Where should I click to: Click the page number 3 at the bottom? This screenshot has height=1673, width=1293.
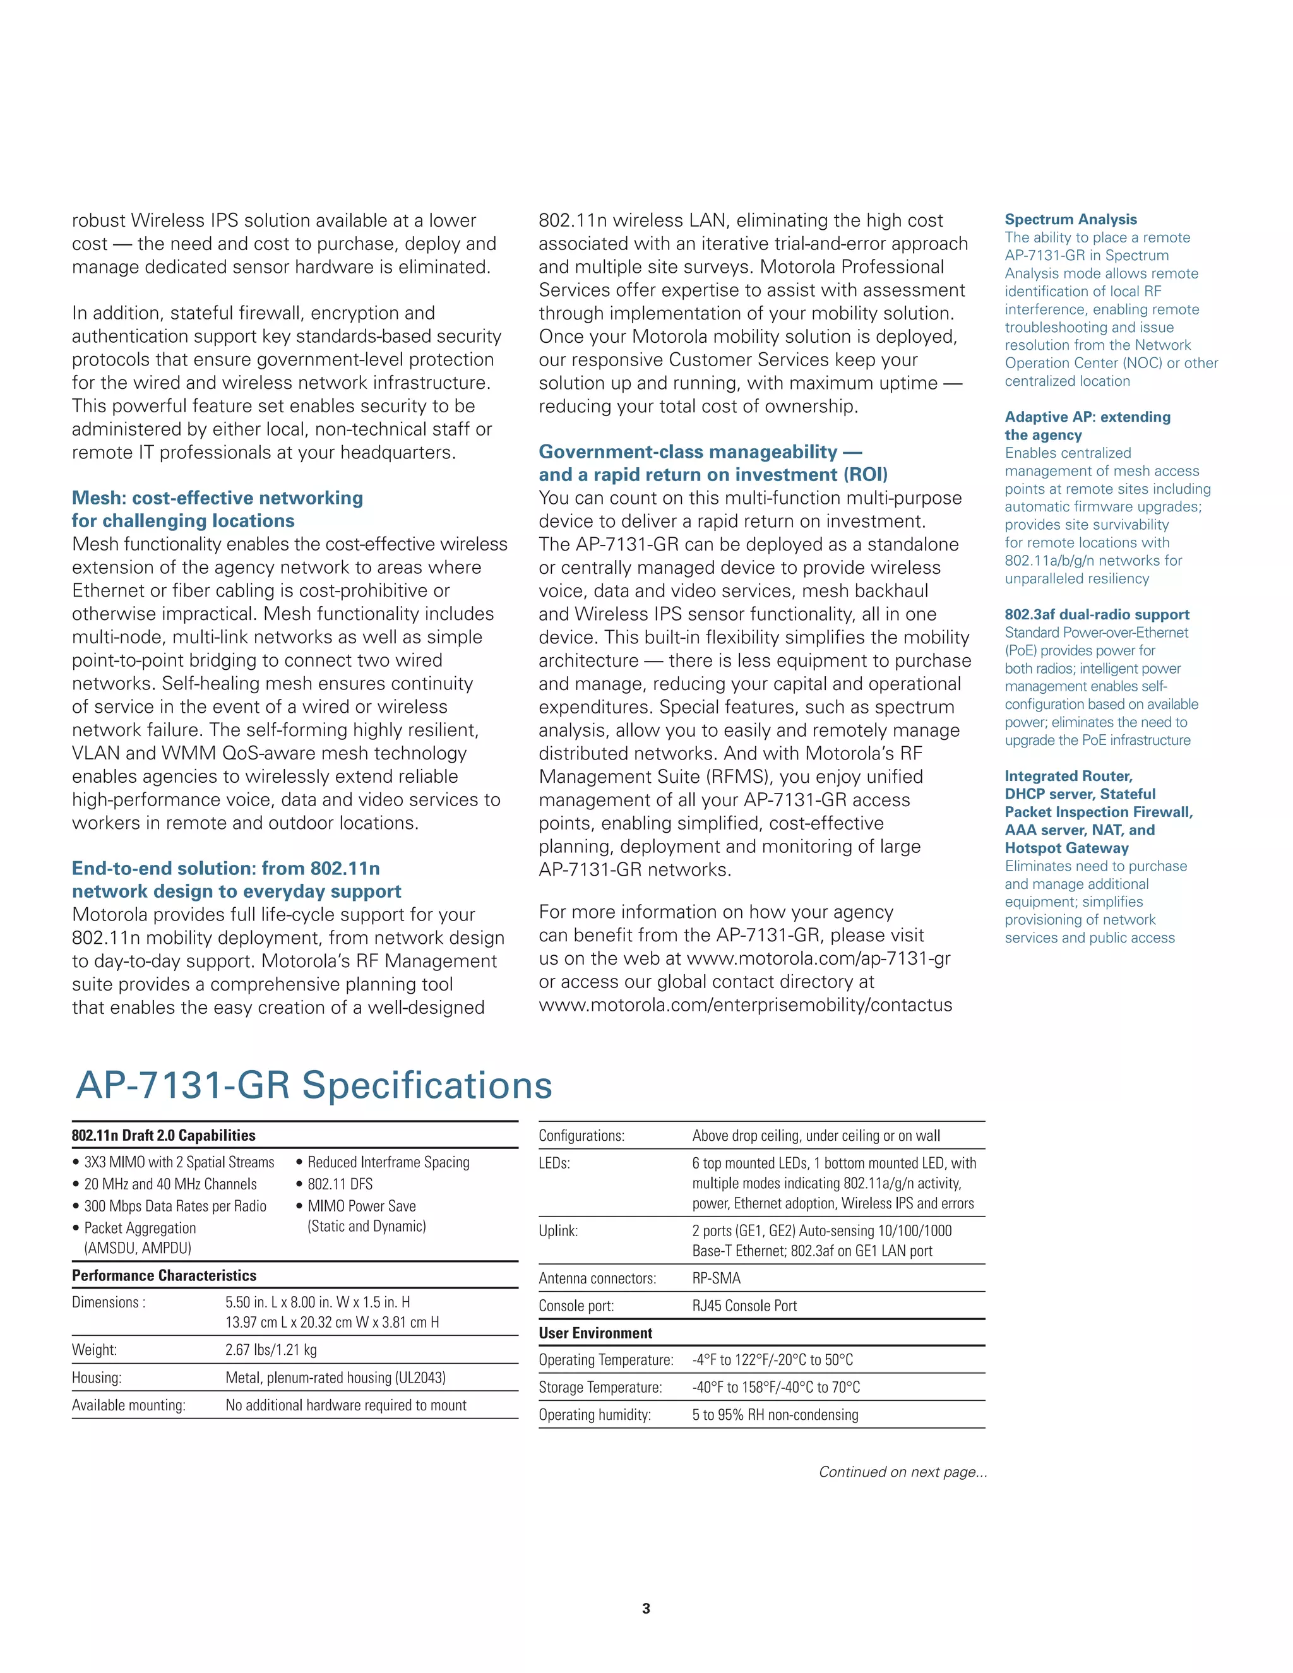(x=646, y=1608)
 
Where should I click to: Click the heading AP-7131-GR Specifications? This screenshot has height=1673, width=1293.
(x=314, y=1085)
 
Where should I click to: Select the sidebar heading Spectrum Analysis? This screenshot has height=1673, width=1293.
(x=1070, y=219)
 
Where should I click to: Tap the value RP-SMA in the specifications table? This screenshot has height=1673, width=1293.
(x=716, y=1278)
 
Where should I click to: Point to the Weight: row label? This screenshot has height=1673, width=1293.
(x=94, y=1350)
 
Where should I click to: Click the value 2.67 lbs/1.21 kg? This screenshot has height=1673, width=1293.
(x=270, y=1350)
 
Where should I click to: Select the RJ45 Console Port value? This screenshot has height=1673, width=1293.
(x=744, y=1306)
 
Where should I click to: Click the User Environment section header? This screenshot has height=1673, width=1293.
(x=595, y=1333)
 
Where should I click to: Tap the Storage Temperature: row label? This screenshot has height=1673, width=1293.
(x=600, y=1387)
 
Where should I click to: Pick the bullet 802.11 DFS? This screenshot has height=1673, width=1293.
(x=339, y=1184)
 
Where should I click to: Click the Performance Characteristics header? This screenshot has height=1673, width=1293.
(x=164, y=1275)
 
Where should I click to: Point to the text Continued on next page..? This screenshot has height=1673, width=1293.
(x=902, y=1472)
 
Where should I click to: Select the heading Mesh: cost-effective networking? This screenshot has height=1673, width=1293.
(x=218, y=498)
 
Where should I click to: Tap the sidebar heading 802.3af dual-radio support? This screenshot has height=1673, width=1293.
(x=1096, y=614)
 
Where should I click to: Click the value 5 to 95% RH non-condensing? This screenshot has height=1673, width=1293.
(x=775, y=1415)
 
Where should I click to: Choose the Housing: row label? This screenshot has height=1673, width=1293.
(x=97, y=1378)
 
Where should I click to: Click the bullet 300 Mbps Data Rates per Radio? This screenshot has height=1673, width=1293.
(x=175, y=1206)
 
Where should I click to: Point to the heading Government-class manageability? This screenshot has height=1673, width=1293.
(x=700, y=452)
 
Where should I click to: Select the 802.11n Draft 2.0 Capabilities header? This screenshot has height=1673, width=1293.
(x=163, y=1135)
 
